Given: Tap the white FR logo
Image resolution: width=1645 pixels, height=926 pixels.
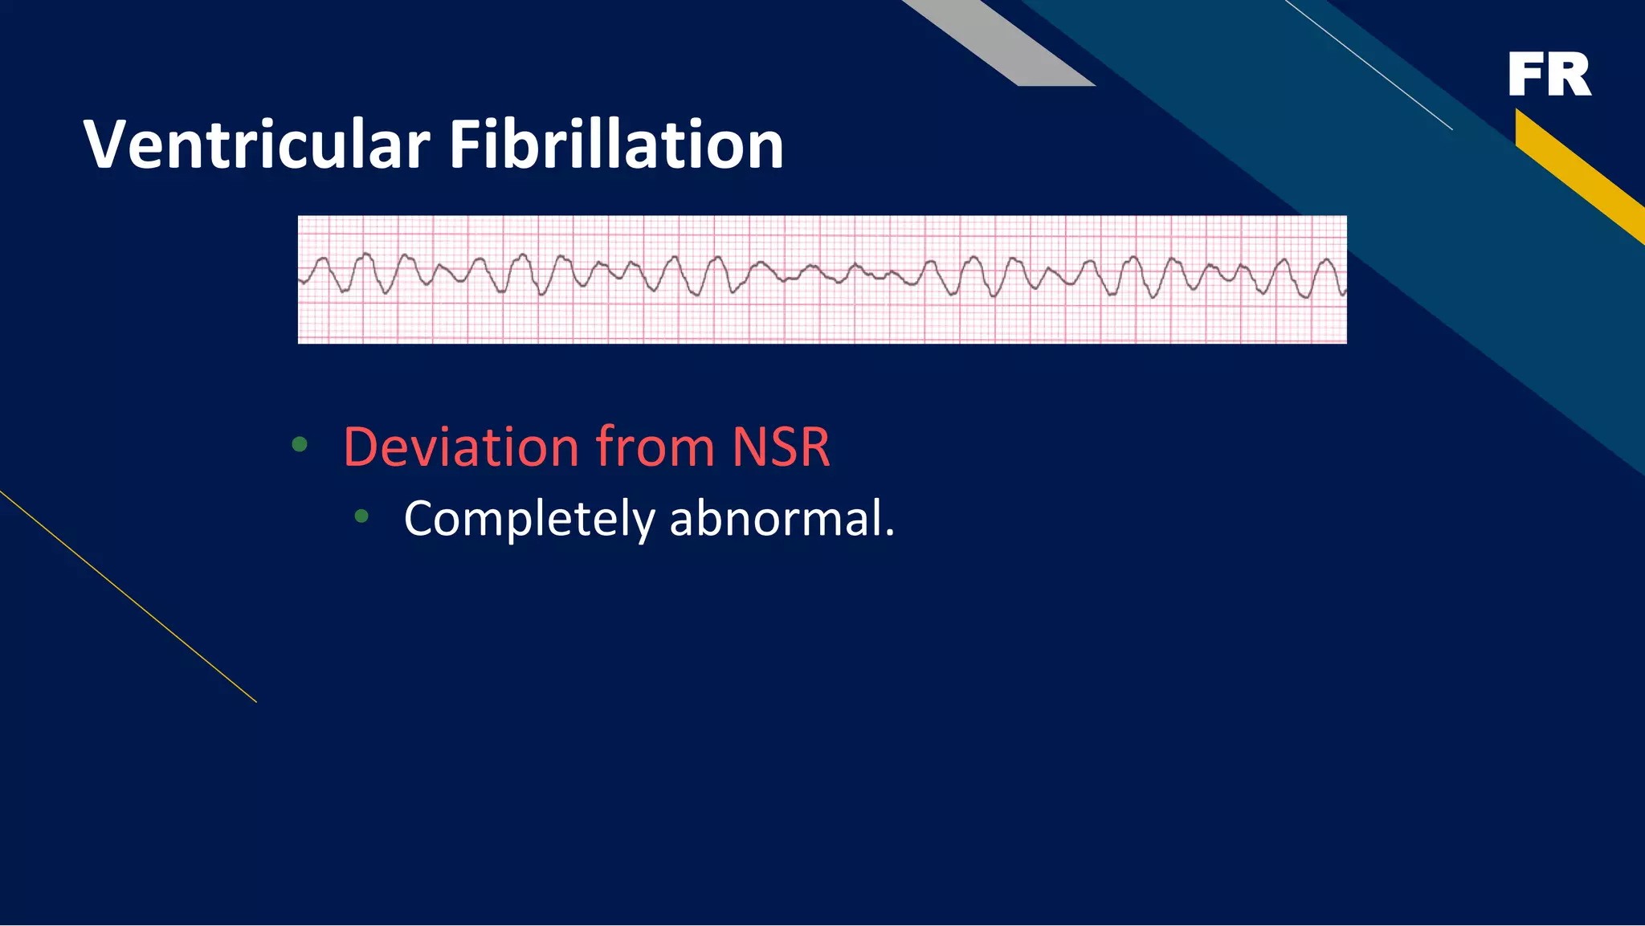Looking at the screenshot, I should pos(1549,75).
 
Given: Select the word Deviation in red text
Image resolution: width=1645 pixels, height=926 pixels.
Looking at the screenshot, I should pos(461,447).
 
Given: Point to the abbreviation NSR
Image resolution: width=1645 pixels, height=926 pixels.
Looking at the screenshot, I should pos(781,447).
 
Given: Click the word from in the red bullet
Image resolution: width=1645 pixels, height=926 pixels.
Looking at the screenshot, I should pos(655,447).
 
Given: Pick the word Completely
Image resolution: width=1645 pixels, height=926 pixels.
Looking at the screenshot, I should pos(529,520).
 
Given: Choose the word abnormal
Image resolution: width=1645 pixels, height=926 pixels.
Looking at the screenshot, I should pos(777,518).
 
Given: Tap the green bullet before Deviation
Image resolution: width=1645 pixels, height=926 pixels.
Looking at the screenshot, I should pos(300,444).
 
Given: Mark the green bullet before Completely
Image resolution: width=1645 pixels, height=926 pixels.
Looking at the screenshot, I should pos(361,516).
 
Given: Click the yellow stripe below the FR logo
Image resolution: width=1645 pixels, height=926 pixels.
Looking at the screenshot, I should pos(1578,173).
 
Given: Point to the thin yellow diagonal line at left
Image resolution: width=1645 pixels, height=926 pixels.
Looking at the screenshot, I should pos(129,597).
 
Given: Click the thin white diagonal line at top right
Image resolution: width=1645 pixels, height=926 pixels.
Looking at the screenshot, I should pos(1369,64).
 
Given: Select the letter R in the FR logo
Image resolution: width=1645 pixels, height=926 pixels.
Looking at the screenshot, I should pos(1571,75).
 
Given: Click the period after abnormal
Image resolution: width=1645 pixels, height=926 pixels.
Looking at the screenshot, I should pos(889,533).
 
